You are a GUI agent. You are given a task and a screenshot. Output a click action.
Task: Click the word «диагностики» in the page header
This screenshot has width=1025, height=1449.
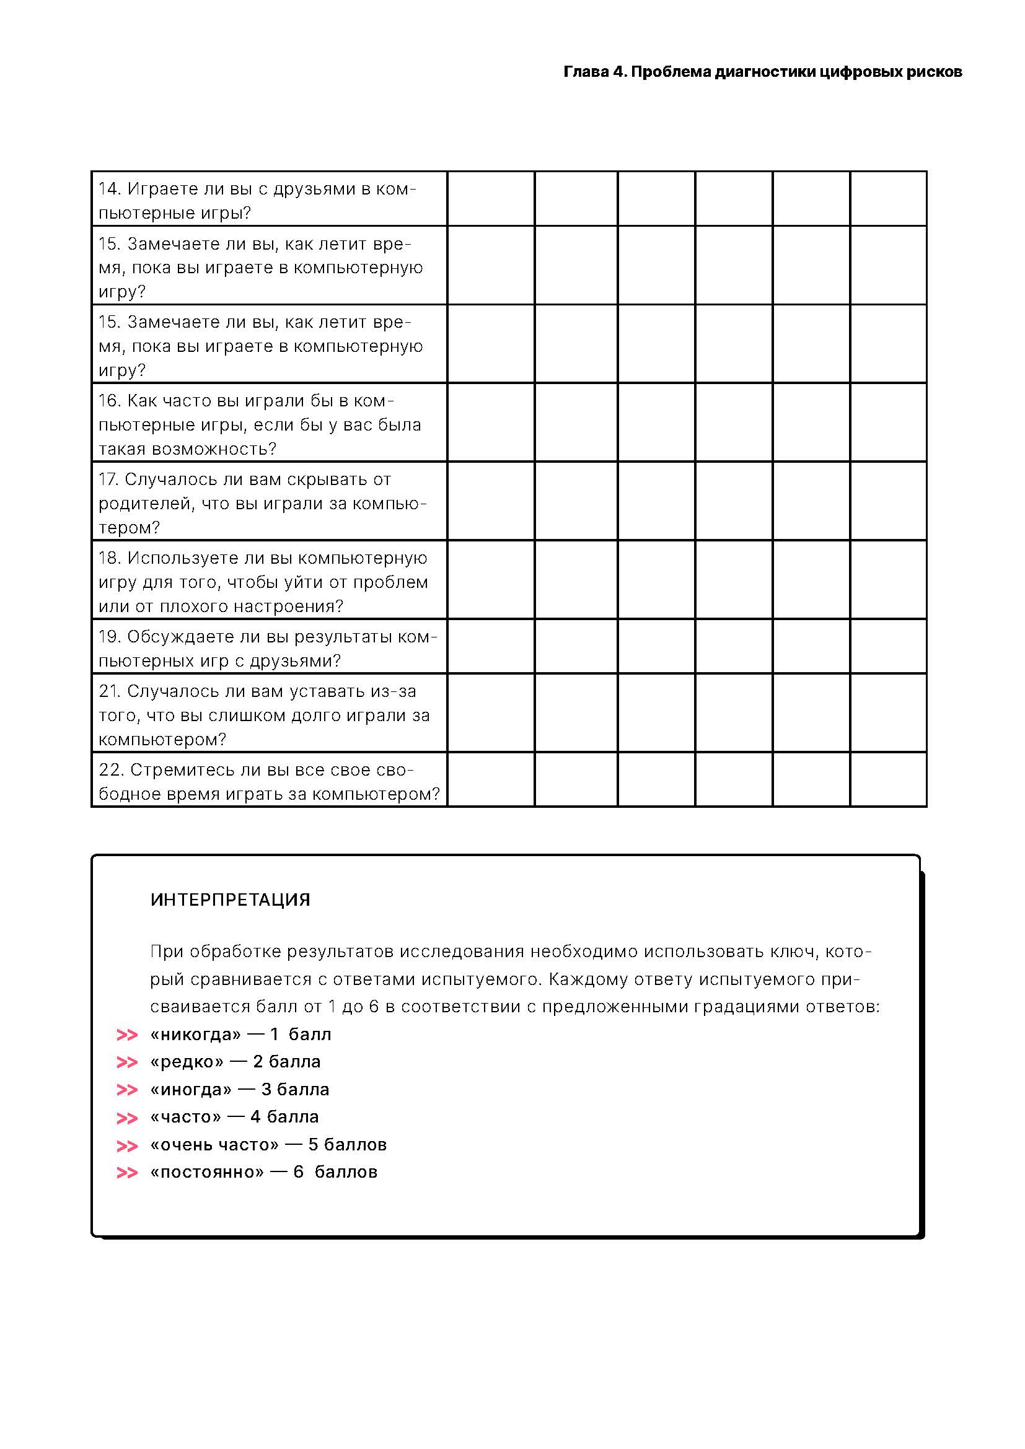(x=764, y=72)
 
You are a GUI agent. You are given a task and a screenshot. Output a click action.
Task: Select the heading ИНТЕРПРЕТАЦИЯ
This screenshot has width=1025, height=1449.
(x=230, y=900)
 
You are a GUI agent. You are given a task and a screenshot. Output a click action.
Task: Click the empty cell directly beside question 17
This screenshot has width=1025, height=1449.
(x=490, y=501)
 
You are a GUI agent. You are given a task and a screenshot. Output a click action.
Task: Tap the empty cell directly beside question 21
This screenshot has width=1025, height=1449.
(x=490, y=713)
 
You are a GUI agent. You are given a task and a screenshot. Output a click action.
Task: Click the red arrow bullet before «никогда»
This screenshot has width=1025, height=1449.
(x=127, y=1035)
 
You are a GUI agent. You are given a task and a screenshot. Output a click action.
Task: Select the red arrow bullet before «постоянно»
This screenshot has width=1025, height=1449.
(x=127, y=1173)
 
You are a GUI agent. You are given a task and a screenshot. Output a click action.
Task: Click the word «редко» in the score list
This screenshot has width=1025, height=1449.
(x=187, y=1062)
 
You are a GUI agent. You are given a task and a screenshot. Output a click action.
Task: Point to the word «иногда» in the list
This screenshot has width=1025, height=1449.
(x=191, y=1090)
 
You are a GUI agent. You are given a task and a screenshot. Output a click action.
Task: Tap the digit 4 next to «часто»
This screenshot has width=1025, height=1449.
(x=255, y=1117)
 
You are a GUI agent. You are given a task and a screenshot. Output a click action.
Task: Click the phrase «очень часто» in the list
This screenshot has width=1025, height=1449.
(x=214, y=1145)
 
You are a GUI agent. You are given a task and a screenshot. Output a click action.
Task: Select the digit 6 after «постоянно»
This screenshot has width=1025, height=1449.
(x=299, y=1172)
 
